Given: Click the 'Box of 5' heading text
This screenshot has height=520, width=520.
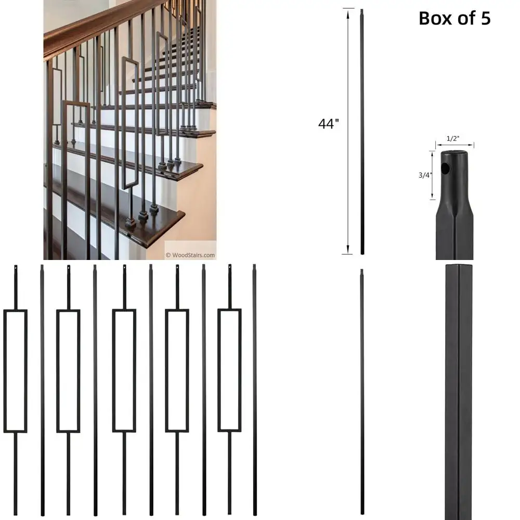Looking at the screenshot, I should [x=454, y=19].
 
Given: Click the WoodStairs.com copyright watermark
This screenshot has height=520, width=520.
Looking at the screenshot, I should [x=190, y=255].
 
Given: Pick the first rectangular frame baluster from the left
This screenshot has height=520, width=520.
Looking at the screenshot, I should [x=15, y=371].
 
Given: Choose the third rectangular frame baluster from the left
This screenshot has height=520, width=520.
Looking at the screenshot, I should [x=124, y=371].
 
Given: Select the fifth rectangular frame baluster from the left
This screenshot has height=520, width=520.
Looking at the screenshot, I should [x=229, y=371].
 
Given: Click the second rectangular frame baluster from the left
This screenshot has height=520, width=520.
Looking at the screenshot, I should [x=68, y=371].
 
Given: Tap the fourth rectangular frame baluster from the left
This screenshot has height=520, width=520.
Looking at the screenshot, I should [x=177, y=371].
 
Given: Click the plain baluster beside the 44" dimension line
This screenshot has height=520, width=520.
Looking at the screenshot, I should [x=362, y=130].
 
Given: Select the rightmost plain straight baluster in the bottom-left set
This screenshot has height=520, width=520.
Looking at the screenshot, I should [x=255, y=390].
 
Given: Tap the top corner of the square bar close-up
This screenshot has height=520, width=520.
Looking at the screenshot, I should [x=458, y=267].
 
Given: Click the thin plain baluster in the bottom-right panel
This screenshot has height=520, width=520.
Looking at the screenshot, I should [x=362, y=390].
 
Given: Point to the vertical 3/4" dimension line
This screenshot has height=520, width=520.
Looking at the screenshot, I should [x=432, y=175].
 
